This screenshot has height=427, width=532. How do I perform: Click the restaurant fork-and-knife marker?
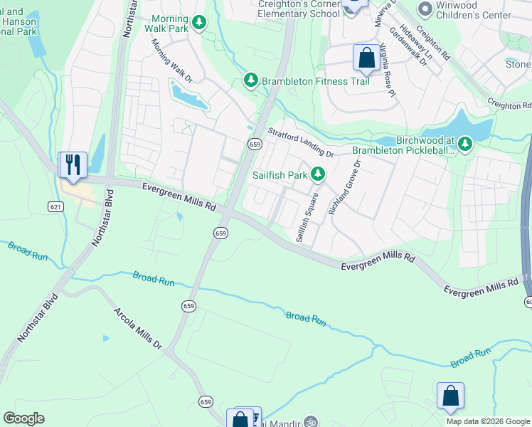[73, 164]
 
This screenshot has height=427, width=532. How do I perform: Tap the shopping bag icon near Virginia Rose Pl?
[366, 58]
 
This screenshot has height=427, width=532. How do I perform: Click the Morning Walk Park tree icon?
[201, 23]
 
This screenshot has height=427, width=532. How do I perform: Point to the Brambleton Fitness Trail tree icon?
[250, 81]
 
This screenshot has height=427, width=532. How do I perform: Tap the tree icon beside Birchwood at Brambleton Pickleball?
[465, 145]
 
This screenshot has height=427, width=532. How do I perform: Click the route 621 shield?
[57, 206]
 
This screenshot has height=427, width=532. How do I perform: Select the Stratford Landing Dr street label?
[300, 142]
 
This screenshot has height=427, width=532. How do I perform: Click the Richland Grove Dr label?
[345, 187]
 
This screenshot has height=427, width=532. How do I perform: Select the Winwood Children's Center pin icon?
[425, 9]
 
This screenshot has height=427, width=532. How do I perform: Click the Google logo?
[23, 418]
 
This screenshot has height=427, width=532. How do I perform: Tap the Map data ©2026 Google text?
[488, 421]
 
